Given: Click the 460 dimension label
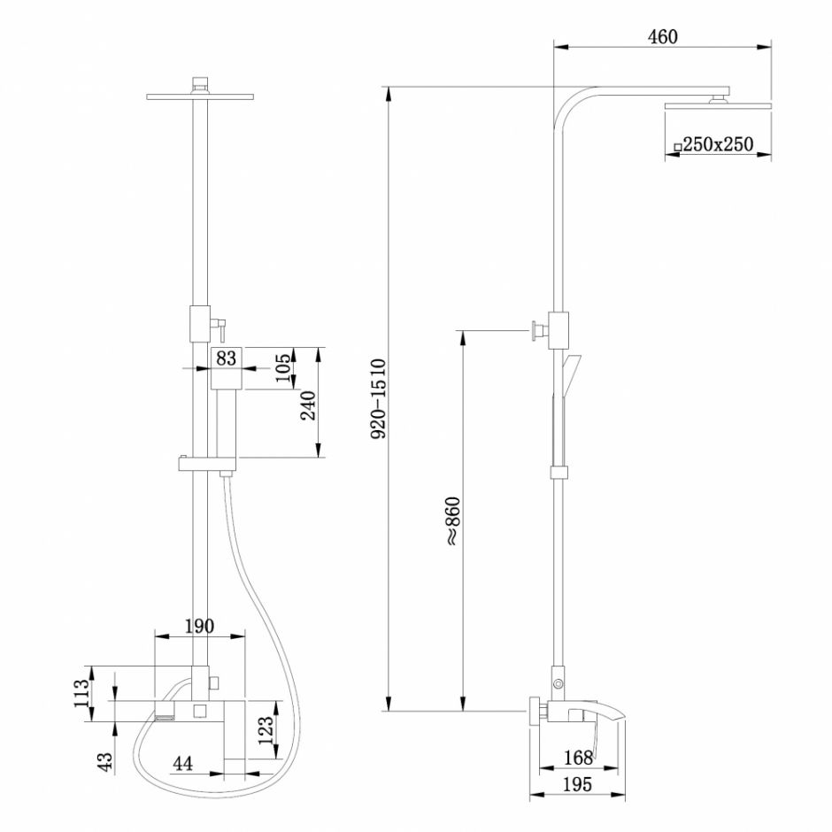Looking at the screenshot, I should pos(662,36).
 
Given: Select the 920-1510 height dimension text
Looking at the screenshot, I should pos(377,399).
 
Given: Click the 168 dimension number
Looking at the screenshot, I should pos(578,757).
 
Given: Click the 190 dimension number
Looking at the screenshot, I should pos(199,627).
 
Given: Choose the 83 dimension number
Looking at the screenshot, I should pos(227,358).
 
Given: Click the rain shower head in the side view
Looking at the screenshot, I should pos(718,106).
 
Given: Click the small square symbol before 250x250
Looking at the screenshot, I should pos(677,146).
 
